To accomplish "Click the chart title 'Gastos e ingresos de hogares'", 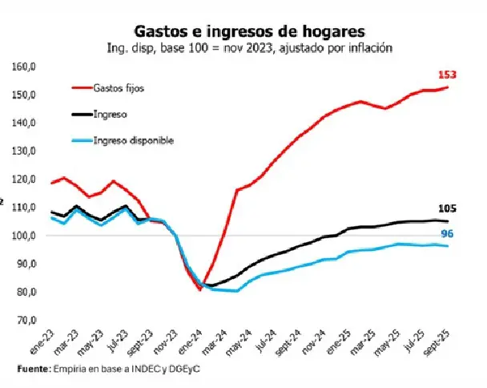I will coord(250,31).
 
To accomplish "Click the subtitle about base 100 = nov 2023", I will coord(250,47).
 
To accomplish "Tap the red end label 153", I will coord(448,75).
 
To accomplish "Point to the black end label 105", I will coord(449,208).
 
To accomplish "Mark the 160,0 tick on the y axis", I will coord(25,67).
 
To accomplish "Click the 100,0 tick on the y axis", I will coord(25,236).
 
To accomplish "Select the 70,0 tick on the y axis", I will coord(25,320).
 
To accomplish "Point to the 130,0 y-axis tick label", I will coord(25,152).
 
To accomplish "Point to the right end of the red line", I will coord(447,87).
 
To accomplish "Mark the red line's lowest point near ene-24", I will coord(199,290).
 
